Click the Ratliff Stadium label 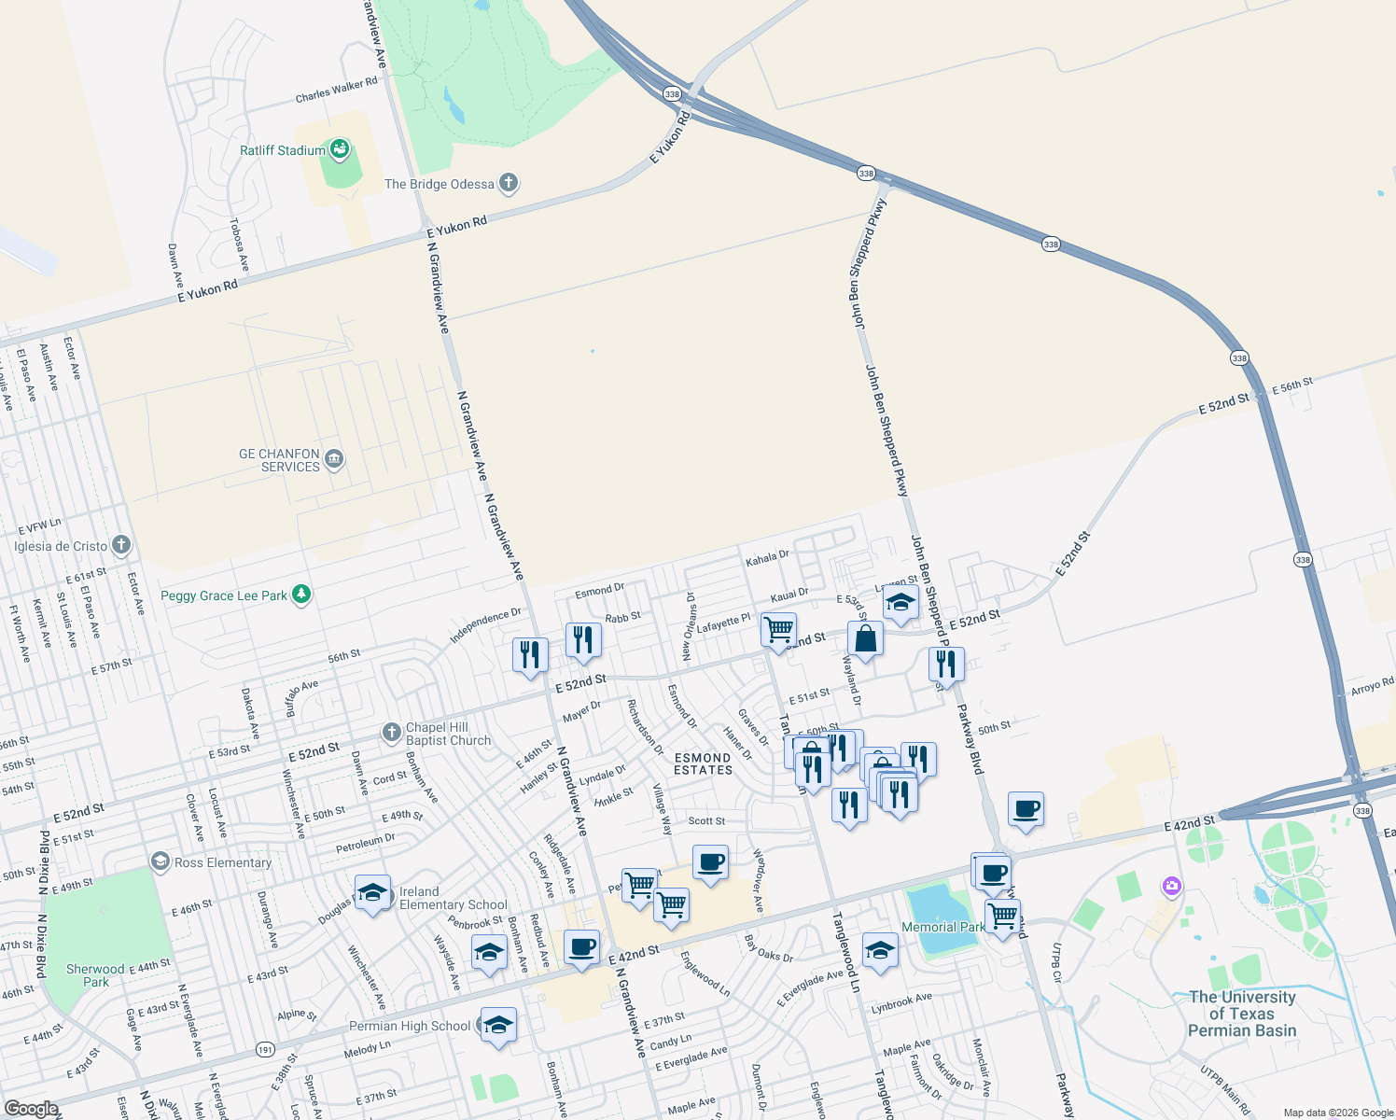pyautogui.click(x=282, y=150)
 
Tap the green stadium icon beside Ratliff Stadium pyautogui.click(x=340, y=149)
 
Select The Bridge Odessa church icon pyautogui.click(x=508, y=183)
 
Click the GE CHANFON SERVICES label pyautogui.click(x=279, y=460)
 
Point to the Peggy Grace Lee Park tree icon pyautogui.click(x=300, y=595)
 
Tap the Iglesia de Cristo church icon pyautogui.click(x=120, y=545)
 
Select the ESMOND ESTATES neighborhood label pyautogui.click(x=704, y=763)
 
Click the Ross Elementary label pyautogui.click(x=223, y=862)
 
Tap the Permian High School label pyautogui.click(x=410, y=1026)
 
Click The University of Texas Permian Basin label pyautogui.click(x=1241, y=1014)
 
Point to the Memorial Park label pyautogui.click(x=942, y=927)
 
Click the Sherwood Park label pyautogui.click(x=96, y=975)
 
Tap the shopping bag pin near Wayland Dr pyautogui.click(x=865, y=639)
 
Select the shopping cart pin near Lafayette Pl pyautogui.click(x=778, y=629)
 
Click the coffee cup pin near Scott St pyautogui.click(x=710, y=861)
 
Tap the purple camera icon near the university pyautogui.click(x=1171, y=886)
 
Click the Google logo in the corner pyautogui.click(x=31, y=1109)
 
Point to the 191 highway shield pyautogui.click(x=265, y=1050)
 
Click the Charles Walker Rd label pyautogui.click(x=336, y=90)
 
